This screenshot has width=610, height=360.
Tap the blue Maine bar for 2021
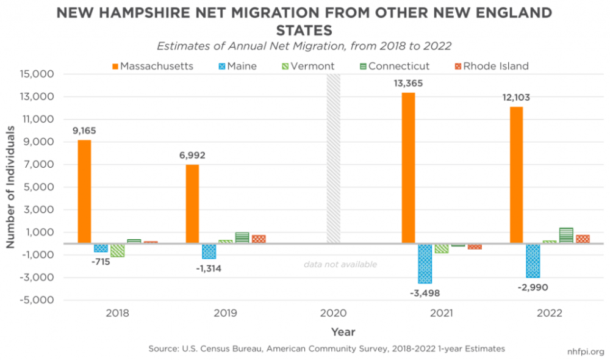pyautogui.click(x=425, y=263)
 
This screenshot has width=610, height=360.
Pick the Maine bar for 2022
pyautogui.click(x=533, y=261)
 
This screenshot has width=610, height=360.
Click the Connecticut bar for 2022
pyautogui.click(x=566, y=236)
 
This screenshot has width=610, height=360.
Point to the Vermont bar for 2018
pyautogui.click(x=117, y=250)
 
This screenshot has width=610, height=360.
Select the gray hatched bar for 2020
pyautogui.click(x=333, y=159)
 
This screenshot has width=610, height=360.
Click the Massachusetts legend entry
pyautogui.click(x=152, y=66)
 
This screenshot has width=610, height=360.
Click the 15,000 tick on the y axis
pyautogui.click(x=38, y=74)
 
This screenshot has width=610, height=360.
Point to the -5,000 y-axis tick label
pyautogui.click(x=38, y=300)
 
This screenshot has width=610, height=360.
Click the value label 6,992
pyautogui.click(x=192, y=156)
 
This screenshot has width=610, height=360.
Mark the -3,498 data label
pyautogui.click(x=425, y=292)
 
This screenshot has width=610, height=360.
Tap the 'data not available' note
pyautogui.click(x=340, y=264)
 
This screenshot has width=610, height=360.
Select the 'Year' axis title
pyautogui.click(x=343, y=332)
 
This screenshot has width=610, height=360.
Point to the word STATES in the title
pyautogui.click(x=305, y=29)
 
